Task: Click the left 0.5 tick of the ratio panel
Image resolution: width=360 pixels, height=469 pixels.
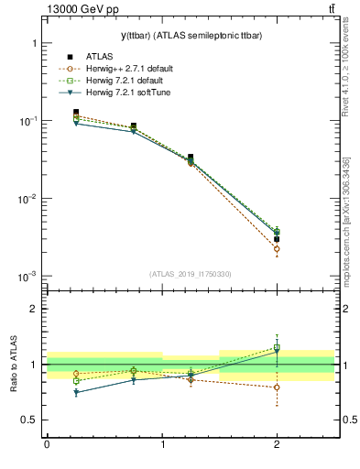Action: click(x=32, y=420)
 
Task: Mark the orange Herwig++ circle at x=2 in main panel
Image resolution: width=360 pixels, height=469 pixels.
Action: click(x=277, y=249)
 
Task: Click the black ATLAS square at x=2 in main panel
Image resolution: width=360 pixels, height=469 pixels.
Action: click(x=277, y=239)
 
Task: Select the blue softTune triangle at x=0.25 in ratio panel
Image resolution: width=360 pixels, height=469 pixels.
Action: click(x=76, y=392)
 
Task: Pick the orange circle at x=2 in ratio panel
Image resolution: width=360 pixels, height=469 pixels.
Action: click(x=277, y=387)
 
